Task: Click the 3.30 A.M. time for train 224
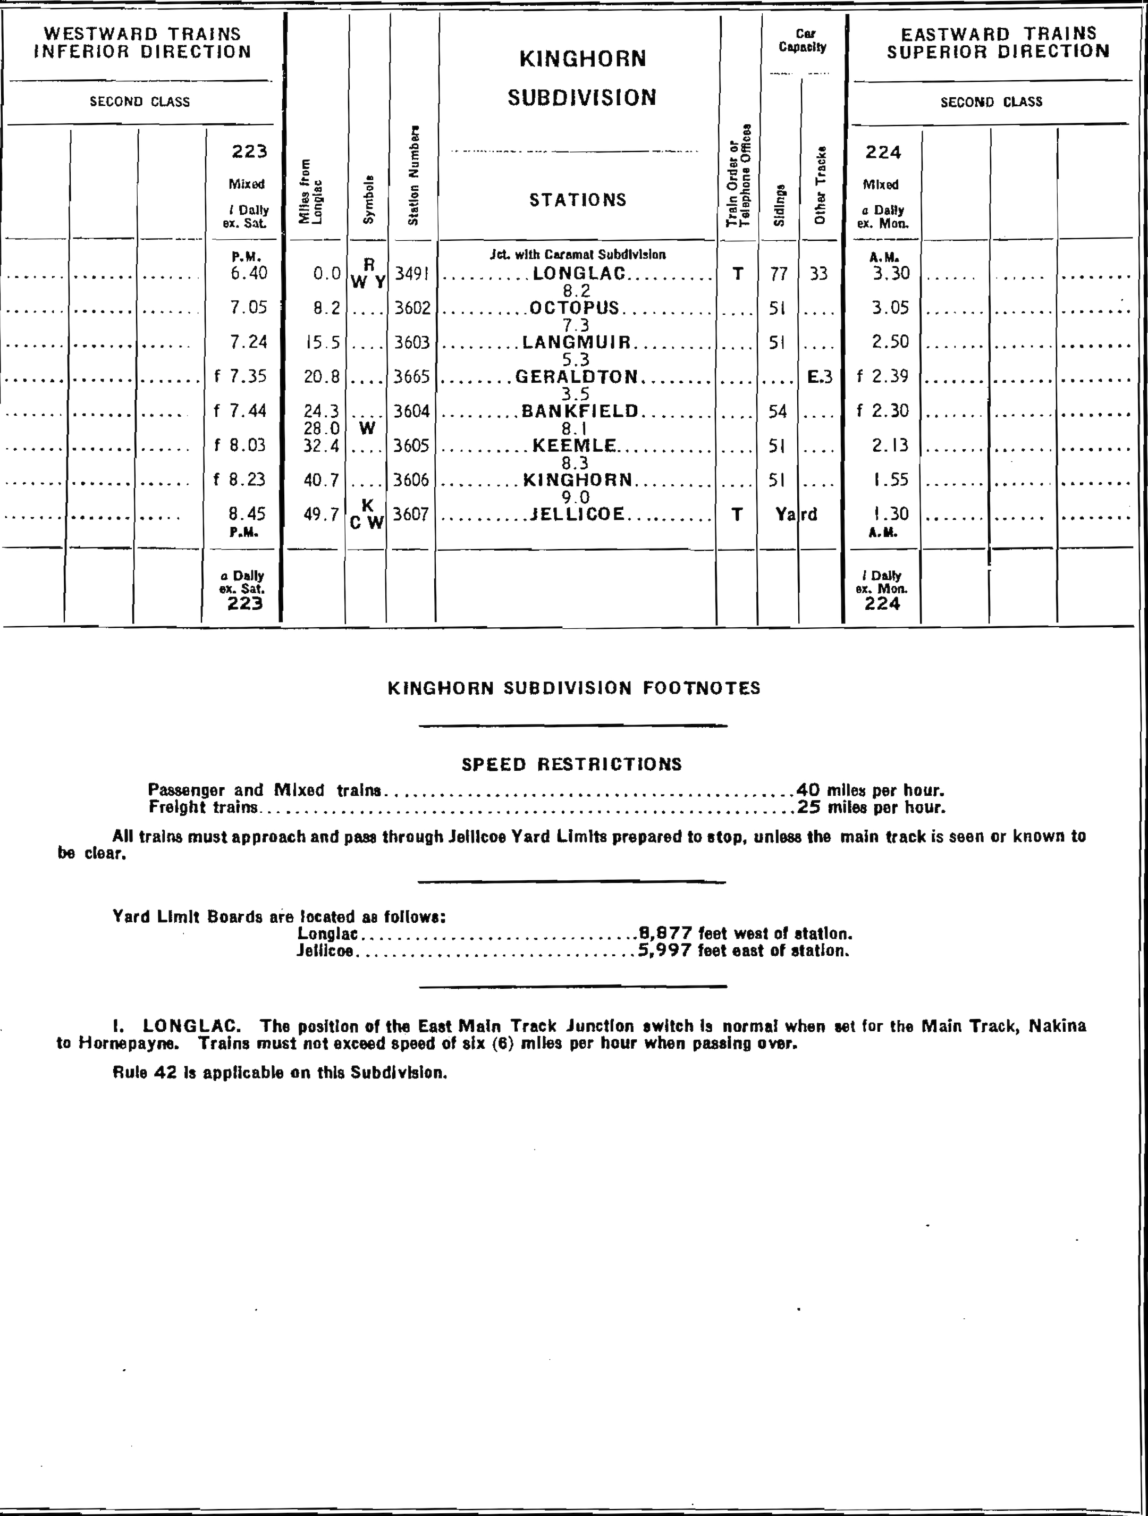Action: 890,273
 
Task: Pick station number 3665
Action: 412,376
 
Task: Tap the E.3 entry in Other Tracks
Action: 819,376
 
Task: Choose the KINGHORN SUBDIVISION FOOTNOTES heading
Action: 573,688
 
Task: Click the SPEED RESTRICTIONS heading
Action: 571,764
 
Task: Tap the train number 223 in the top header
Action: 249,151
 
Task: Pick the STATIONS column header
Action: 577,199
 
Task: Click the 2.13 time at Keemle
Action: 890,445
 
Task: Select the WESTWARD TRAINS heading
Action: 142,33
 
